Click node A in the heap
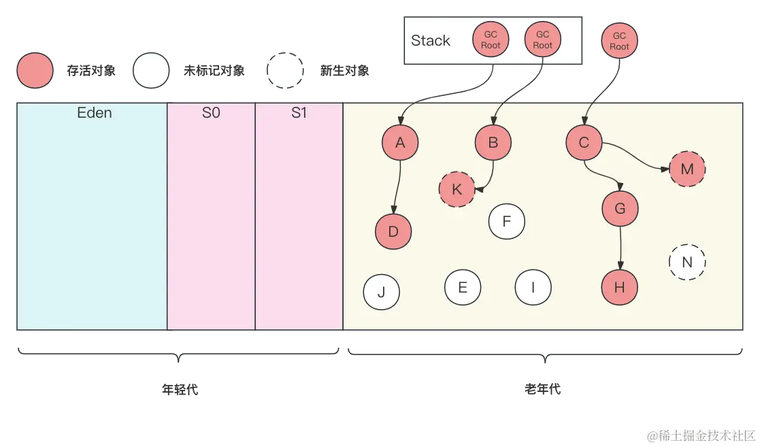(400, 143)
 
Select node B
(493, 143)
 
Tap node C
(584, 143)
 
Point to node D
(393, 232)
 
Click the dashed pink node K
(457, 189)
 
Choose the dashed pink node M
(687, 169)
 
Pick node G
(620, 209)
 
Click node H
(619, 288)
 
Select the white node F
(506, 221)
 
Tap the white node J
(381, 293)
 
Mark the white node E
(463, 287)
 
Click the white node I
(533, 287)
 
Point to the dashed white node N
(687, 262)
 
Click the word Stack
(431, 41)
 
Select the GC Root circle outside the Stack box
(619, 41)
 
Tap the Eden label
(95, 113)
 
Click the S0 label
(211, 113)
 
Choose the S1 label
(299, 113)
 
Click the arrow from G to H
(620, 248)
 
